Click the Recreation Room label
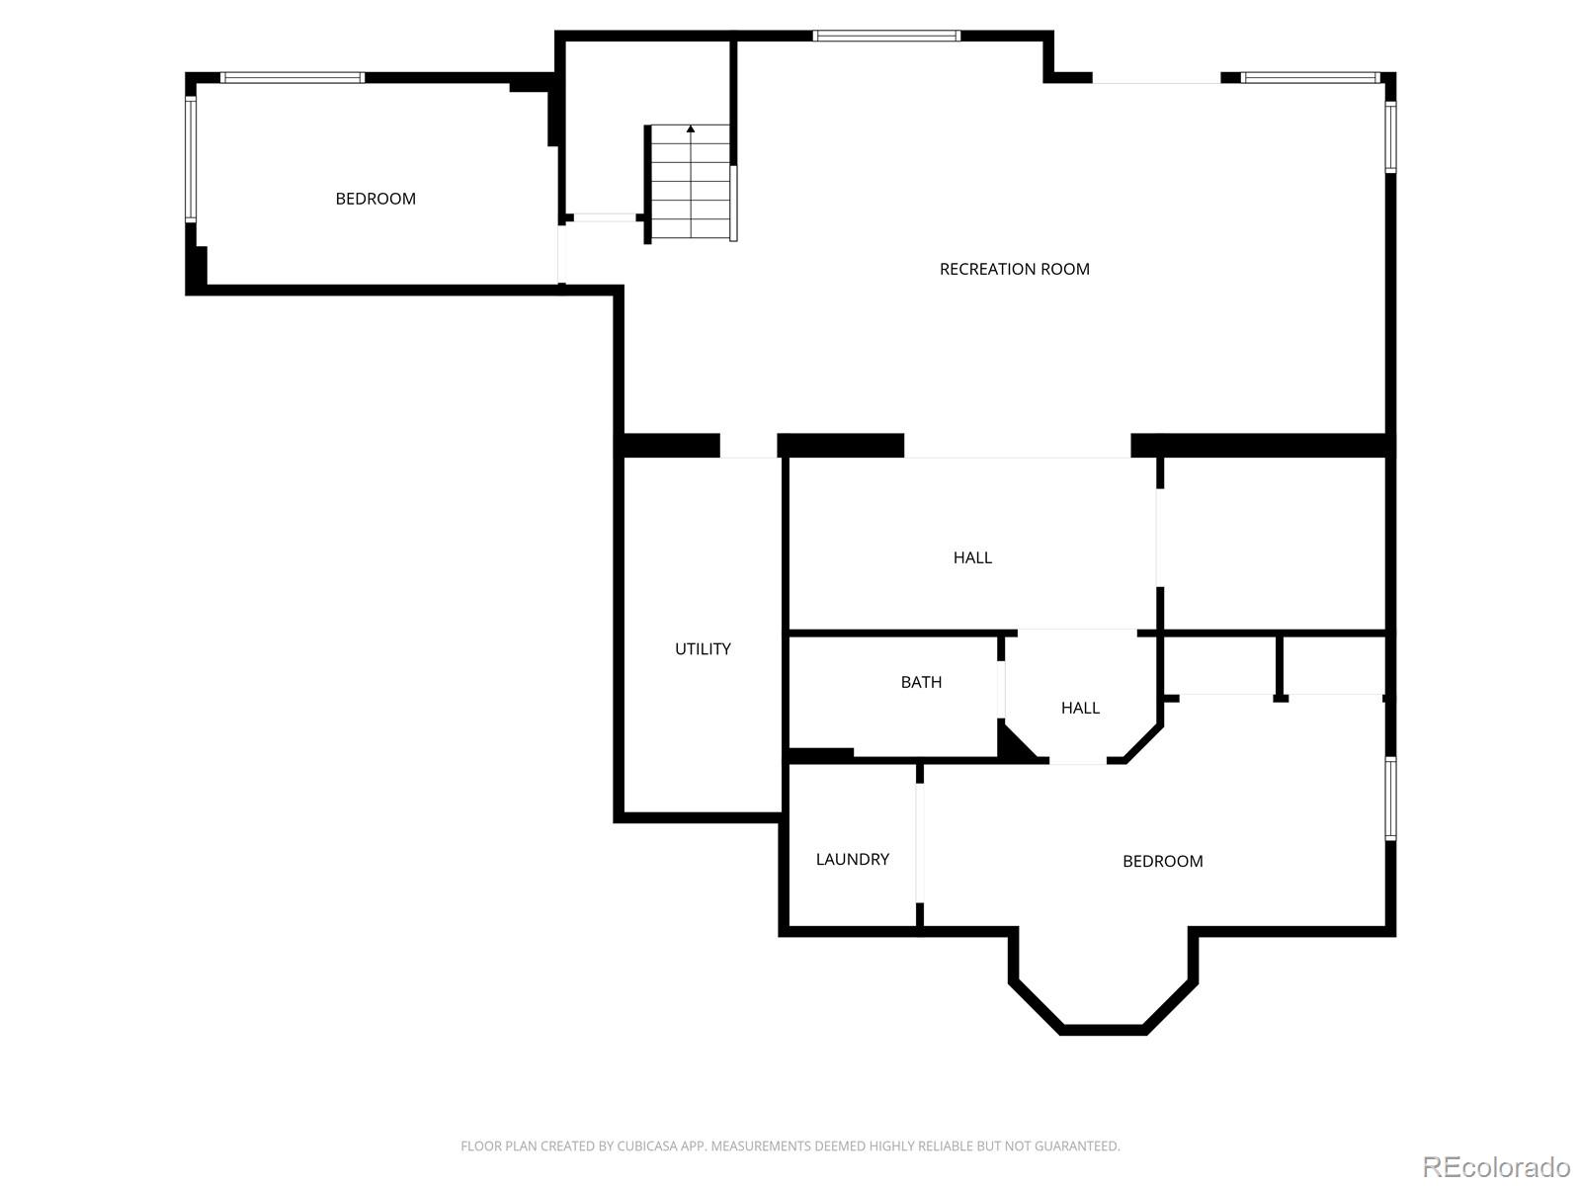pyautogui.click(x=1014, y=269)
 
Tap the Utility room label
pyautogui.click(x=703, y=649)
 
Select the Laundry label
pyautogui.click(x=852, y=860)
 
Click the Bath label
pyautogui.click(x=921, y=682)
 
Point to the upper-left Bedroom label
pyautogui.click(x=375, y=199)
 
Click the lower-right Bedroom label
pyautogui.click(x=1162, y=861)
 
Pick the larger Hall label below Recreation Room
pyautogui.click(x=972, y=557)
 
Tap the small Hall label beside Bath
pyautogui.click(x=1080, y=708)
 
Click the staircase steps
pyautogui.click(x=691, y=188)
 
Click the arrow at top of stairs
pyautogui.click(x=691, y=128)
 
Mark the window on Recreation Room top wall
pyautogui.click(x=886, y=37)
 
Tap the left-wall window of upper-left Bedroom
pyautogui.click(x=191, y=158)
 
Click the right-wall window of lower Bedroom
pyautogui.click(x=1390, y=799)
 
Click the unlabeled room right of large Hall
pyautogui.click(x=1273, y=544)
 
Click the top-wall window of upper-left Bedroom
pyautogui.click(x=292, y=77)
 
